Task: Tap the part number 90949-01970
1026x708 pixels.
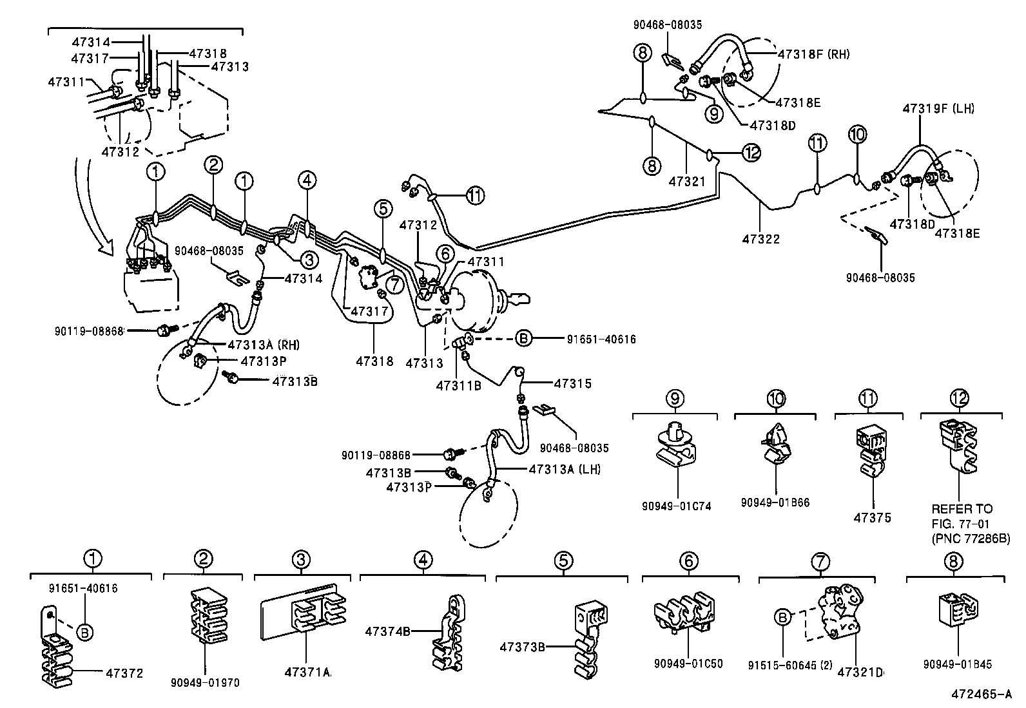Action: click(205, 682)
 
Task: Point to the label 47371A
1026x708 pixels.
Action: click(307, 673)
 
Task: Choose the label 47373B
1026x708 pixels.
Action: click(521, 645)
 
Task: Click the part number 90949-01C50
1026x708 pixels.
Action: click(688, 664)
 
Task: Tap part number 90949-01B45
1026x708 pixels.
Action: click(957, 664)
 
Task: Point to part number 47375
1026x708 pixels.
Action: click(873, 518)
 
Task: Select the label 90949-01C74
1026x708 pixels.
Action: click(677, 506)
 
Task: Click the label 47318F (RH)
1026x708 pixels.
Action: click(813, 54)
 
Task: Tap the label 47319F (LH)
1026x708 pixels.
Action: click(938, 109)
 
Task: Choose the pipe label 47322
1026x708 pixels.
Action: click(760, 239)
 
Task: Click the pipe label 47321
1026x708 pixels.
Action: click(687, 182)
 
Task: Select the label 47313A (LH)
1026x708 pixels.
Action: click(564, 469)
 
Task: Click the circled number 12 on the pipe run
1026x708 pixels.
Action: click(751, 153)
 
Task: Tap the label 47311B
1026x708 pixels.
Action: click(458, 385)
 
